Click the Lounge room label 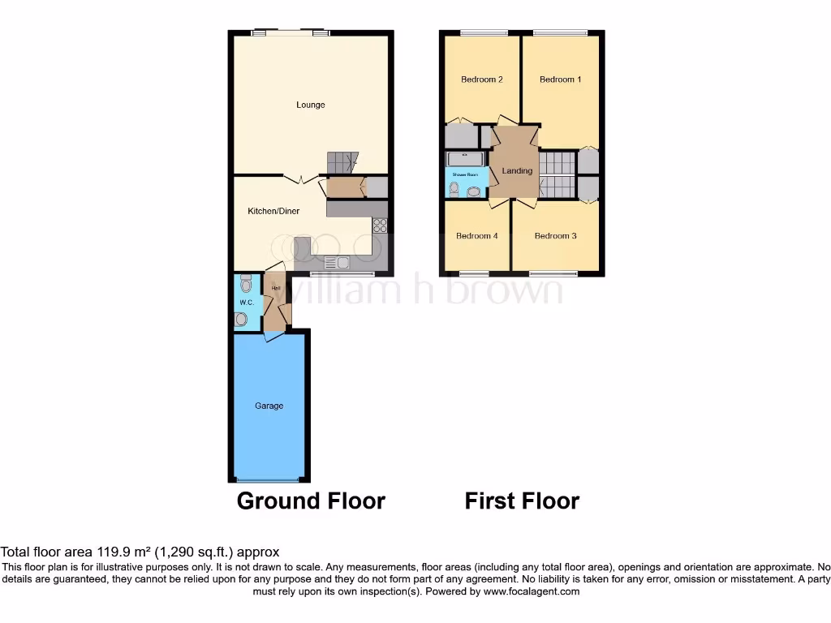click(310, 105)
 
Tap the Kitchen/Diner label click(273, 211)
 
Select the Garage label click(269, 406)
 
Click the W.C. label click(246, 303)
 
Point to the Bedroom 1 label click(560, 79)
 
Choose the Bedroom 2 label click(482, 79)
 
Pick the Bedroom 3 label click(555, 236)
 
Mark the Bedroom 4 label click(477, 236)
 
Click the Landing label click(517, 171)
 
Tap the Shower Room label click(465, 174)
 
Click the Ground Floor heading click(311, 501)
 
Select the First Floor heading click(522, 501)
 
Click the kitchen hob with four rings click(379, 226)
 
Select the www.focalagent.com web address click(532, 591)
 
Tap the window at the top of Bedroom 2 click(482, 32)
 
